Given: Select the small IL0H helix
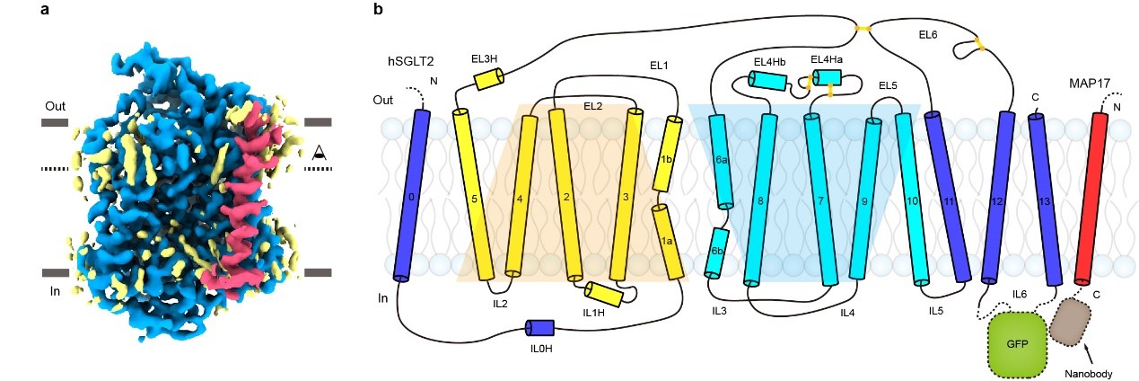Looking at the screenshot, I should point(540,329).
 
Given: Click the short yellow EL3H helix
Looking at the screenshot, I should point(490,79).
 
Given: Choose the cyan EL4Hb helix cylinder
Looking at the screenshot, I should point(767,82).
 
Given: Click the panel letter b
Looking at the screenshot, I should point(379,11).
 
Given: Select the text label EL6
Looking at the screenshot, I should point(928,35).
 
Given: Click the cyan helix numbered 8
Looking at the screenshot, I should point(760,199).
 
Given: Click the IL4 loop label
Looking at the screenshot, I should point(847,312).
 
